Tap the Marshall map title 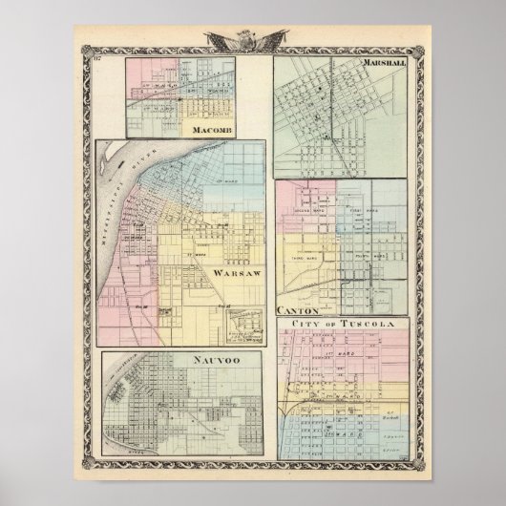click(x=384, y=64)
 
